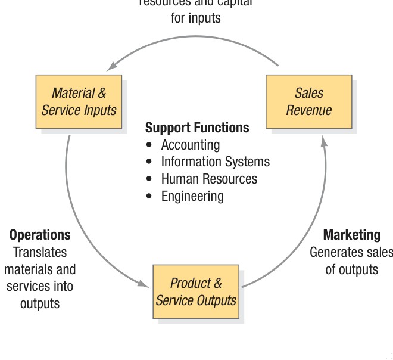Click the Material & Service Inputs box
tap(79, 101)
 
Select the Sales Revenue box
tap(308, 101)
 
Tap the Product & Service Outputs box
tap(196, 291)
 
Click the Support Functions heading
tap(197, 128)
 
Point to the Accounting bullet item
tap(190, 145)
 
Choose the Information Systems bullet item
tap(215, 162)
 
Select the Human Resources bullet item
tap(209, 179)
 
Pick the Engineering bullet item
tap(192, 196)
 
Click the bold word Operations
tap(40, 235)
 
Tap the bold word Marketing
tap(351, 235)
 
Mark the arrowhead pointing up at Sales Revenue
tap(323, 141)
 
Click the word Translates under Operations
tap(40, 252)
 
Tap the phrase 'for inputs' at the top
tap(195, 18)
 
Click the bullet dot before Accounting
tap(149, 145)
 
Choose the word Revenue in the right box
tap(308, 110)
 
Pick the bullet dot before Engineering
tap(149, 197)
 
